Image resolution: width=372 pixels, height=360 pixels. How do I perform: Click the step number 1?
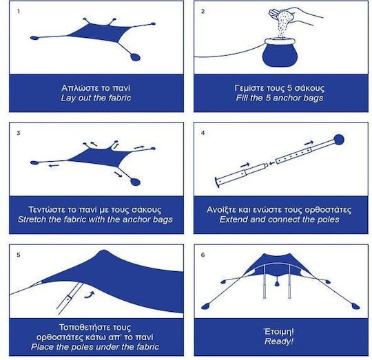19,12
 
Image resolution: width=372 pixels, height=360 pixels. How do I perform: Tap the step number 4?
203,133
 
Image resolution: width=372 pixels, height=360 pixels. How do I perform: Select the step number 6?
203,255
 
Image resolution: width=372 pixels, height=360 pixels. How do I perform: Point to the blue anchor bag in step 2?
280,52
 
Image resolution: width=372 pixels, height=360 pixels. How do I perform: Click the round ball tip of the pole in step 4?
339,139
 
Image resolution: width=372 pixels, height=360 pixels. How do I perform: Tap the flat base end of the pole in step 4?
217,182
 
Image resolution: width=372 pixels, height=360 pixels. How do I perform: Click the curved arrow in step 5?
90,295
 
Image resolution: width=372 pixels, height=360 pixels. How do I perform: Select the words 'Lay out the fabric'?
96,98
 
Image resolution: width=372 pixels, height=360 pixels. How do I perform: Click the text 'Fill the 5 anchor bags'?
280,98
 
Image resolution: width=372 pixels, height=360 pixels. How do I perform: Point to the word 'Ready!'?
279,341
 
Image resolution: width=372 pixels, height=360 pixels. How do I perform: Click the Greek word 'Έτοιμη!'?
279,332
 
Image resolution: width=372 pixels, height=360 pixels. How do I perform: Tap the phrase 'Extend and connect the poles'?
279,220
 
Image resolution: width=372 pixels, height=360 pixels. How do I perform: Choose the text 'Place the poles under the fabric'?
95,347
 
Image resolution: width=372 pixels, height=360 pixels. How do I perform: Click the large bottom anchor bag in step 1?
136,57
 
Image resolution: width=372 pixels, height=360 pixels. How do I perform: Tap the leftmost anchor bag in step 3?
34,162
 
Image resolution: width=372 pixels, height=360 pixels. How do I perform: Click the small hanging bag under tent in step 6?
277,283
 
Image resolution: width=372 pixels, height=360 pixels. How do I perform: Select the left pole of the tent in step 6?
265,282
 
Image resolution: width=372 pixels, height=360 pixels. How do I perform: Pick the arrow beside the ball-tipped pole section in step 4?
309,143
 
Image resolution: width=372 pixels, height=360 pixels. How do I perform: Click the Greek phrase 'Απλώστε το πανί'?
96,88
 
